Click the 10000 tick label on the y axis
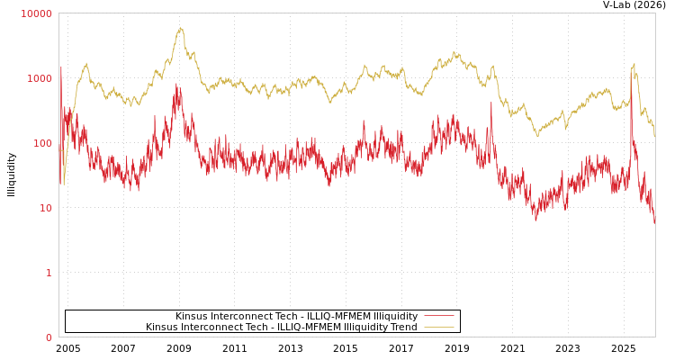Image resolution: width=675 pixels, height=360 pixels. pos(37,13)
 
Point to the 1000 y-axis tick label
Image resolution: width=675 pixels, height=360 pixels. pos(40,78)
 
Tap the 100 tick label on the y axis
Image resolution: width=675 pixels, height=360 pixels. pos(42,143)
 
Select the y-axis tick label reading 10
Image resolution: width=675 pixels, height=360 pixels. pos(46,208)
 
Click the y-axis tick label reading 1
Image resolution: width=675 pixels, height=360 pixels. pos(49,273)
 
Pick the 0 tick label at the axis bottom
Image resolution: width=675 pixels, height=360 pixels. pos(49,337)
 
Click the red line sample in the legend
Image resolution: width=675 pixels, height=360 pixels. pos(438,316)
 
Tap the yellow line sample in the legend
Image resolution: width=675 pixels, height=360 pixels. pos(438,327)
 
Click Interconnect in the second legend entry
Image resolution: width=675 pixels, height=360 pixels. pos(198,327)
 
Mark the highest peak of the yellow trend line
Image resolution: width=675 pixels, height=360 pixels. pos(180,28)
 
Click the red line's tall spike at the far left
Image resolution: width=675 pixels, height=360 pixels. pos(61,67)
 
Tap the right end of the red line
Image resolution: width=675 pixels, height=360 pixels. pos(654,221)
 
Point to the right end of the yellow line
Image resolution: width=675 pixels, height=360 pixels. pos(654,135)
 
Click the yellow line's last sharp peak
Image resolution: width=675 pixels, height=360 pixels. pos(634,65)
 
